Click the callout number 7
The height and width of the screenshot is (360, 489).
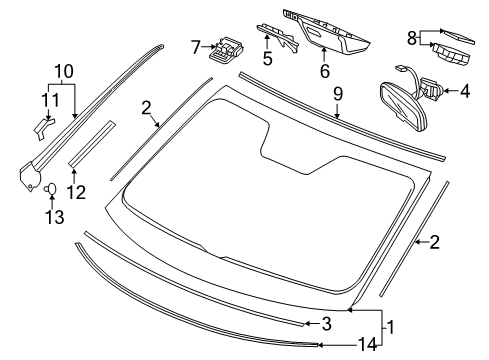point(196,47)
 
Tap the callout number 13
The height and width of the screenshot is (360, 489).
point(55,217)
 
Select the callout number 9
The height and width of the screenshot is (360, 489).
point(338,94)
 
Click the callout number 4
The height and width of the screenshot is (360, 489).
point(465,91)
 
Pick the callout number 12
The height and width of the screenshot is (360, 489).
point(76,192)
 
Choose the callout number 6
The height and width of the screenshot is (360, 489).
point(325,71)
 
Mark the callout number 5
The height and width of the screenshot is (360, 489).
point(267,58)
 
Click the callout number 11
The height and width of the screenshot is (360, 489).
point(50,100)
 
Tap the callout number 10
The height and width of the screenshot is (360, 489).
point(64,71)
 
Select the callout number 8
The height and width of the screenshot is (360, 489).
point(412,38)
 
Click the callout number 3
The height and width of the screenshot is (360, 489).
point(327,324)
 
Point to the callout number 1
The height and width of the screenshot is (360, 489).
point(391,327)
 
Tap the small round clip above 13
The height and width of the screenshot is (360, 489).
point(51,189)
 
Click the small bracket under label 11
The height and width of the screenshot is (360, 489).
point(43,128)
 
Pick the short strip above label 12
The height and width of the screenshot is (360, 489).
point(91,144)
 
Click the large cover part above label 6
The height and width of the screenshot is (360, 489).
point(327,33)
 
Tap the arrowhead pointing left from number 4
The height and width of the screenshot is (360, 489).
point(445,91)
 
